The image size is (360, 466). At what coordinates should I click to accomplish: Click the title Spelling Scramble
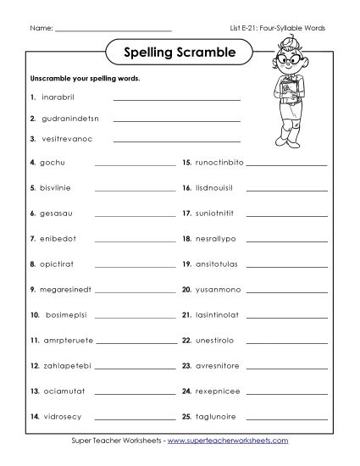point(179,54)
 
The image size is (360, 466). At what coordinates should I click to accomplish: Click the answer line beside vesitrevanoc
point(176,141)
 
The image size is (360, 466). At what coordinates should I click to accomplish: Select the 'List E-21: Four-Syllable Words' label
point(283,28)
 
